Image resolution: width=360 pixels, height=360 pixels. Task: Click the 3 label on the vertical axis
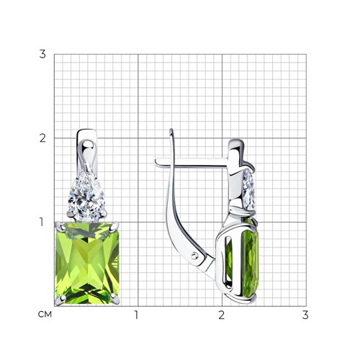click(x=42, y=54)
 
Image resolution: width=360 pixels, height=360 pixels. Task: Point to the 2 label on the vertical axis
click(x=42, y=138)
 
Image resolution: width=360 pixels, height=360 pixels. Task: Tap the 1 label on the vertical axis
click(x=42, y=222)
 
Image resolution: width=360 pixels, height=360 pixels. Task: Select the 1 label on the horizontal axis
click(x=136, y=315)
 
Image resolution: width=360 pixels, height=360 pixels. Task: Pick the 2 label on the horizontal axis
click(x=222, y=315)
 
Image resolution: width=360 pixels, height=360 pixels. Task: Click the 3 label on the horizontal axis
click(x=305, y=315)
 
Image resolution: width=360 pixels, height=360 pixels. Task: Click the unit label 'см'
click(x=45, y=315)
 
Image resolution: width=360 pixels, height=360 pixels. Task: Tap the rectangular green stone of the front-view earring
click(x=87, y=263)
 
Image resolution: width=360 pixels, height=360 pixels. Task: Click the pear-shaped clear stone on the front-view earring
click(x=86, y=196)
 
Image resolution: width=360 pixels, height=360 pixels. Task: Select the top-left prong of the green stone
click(x=60, y=227)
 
